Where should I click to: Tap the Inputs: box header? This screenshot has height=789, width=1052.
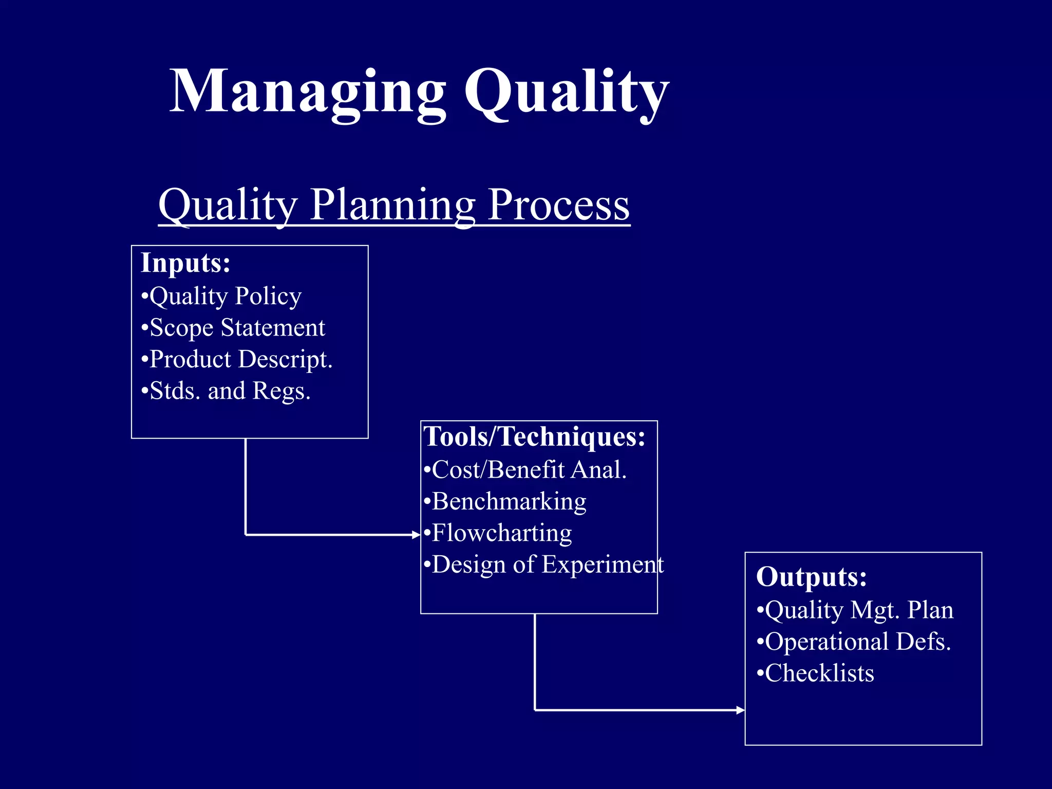pyautogui.click(x=185, y=263)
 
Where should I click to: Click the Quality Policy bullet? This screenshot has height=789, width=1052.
pyautogui.click(x=222, y=296)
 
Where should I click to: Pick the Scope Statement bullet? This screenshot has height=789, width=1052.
pyautogui.click(x=234, y=328)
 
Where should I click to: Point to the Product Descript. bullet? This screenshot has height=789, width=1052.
pyautogui.click(x=237, y=359)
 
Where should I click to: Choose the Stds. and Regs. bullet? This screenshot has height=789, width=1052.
pyautogui.click(x=227, y=391)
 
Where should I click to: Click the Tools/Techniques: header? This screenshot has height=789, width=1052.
pyautogui.click(x=534, y=437)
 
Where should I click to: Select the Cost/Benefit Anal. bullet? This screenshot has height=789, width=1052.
pyautogui.click(x=525, y=469)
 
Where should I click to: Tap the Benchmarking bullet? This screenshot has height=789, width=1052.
pyautogui.click(x=505, y=501)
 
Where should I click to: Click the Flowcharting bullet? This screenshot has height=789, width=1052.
pyautogui.click(x=498, y=533)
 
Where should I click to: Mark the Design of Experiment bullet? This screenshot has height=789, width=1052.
pyautogui.click(x=544, y=565)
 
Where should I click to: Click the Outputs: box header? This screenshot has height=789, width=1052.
pyautogui.click(x=812, y=577)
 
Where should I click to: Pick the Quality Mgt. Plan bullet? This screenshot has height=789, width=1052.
pyautogui.click(x=856, y=610)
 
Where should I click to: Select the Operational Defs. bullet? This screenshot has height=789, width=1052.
pyautogui.click(x=854, y=642)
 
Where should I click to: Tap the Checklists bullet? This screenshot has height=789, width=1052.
pyautogui.click(x=816, y=673)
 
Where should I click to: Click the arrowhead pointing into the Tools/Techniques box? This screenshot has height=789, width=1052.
pyautogui.click(x=417, y=535)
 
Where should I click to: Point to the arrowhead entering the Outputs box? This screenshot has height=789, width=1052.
pyautogui.click(x=740, y=710)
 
